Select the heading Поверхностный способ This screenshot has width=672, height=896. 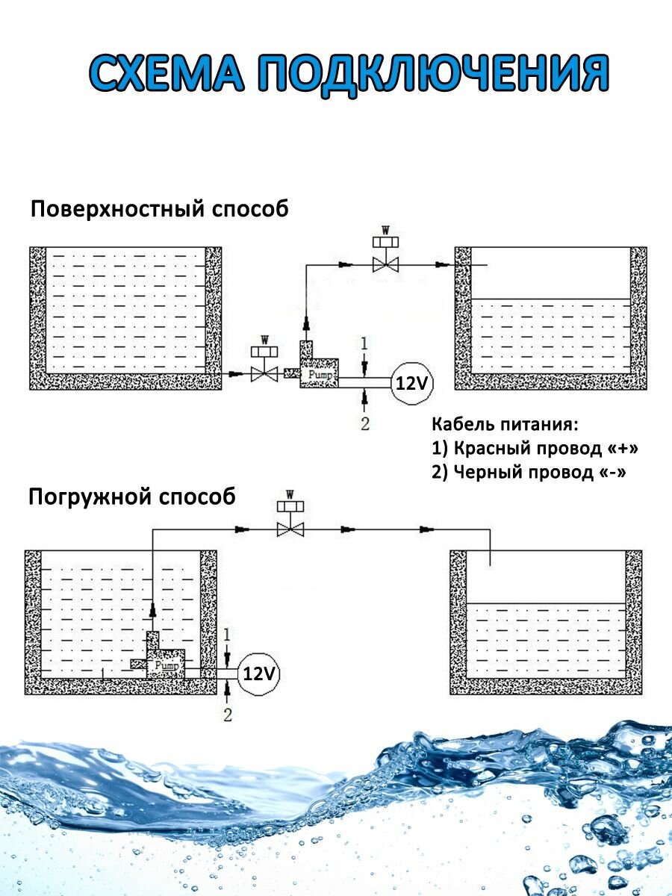[x=159, y=209]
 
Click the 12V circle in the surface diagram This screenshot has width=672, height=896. [x=412, y=383]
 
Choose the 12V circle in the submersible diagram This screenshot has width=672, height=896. [x=259, y=674]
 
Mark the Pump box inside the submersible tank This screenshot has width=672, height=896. [x=166, y=662]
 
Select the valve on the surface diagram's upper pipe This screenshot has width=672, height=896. [x=386, y=264]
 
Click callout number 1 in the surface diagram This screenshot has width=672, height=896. [x=364, y=343]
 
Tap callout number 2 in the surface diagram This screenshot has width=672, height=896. [x=364, y=424]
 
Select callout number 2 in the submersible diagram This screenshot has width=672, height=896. [x=228, y=715]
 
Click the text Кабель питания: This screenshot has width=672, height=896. [x=505, y=425]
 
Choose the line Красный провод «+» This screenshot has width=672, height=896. [x=535, y=449]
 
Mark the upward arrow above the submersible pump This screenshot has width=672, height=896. [x=152, y=610]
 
